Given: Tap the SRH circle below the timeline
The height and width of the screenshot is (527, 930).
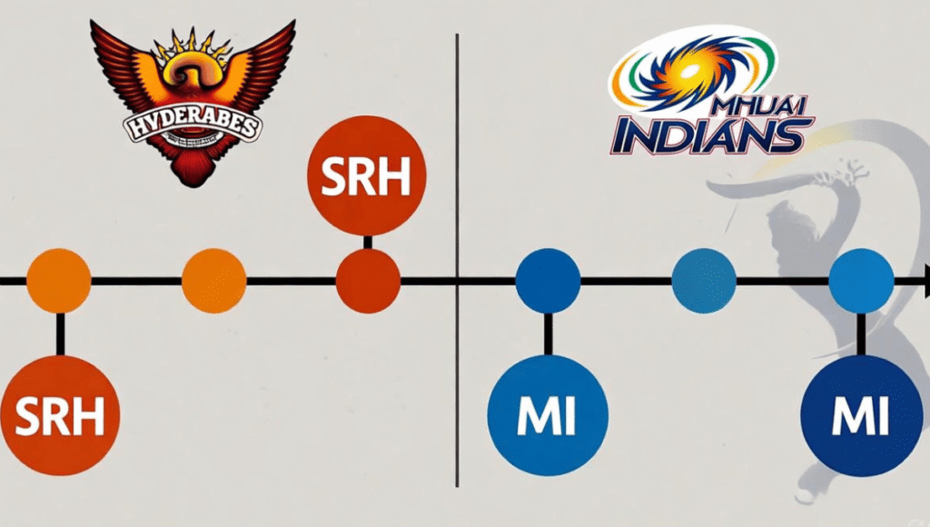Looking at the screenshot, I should (x=60, y=416).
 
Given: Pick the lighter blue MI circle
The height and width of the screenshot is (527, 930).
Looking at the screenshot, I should (x=548, y=415).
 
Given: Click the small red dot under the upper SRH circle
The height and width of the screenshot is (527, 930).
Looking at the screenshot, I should (x=368, y=281).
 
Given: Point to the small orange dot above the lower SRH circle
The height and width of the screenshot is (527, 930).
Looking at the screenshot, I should (x=59, y=281).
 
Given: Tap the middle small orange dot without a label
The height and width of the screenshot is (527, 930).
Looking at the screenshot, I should (x=214, y=281).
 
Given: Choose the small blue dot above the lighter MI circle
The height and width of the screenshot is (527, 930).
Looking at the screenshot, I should (x=548, y=281).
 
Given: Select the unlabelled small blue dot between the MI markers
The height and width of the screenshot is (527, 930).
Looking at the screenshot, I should (x=703, y=281).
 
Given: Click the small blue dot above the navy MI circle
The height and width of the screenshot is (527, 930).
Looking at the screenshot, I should (x=861, y=281).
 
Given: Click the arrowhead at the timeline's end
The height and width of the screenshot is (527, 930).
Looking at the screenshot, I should (x=924, y=281).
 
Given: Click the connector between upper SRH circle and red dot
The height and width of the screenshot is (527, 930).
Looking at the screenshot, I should (x=367, y=242).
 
